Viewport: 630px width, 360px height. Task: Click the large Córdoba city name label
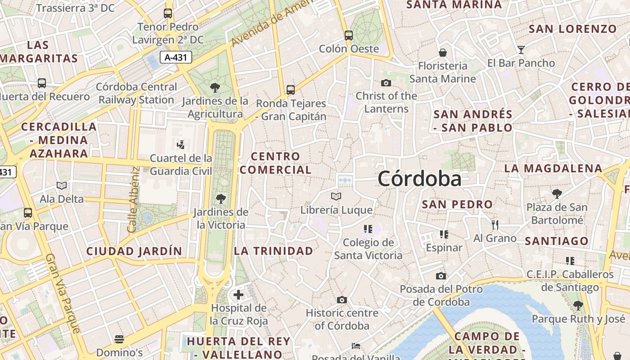[x=419, y=179]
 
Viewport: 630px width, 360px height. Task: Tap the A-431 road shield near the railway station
[x=176, y=57]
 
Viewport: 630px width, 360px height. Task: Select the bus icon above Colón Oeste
[x=349, y=35]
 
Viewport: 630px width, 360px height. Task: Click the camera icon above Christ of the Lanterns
[x=386, y=83]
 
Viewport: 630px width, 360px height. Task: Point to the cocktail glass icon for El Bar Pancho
[x=521, y=49]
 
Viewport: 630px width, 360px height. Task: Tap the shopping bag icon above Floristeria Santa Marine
[x=443, y=53]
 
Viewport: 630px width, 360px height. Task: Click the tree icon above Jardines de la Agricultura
[x=215, y=87]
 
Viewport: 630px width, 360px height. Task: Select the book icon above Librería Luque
[x=336, y=196]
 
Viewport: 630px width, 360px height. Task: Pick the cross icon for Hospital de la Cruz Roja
[x=238, y=295]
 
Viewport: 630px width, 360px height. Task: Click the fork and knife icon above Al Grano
[x=495, y=225]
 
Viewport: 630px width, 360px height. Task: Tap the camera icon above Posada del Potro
[x=441, y=276]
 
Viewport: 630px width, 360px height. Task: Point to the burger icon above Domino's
[x=119, y=339]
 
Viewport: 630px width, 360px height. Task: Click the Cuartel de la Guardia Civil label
[x=181, y=165]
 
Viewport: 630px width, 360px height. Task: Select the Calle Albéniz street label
[x=133, y=200]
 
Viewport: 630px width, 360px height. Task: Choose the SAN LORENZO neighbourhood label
[x=572, y=29]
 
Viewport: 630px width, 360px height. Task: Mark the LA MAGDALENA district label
[x=553, y=168]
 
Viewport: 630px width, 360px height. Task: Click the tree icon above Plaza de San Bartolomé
[x=557, y=194]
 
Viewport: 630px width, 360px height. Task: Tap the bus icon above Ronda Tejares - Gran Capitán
[x=291, y=90]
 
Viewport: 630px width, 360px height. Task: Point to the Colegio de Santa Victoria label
[x=368, y=249]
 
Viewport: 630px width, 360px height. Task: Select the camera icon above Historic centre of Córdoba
[x=342, y=300]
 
